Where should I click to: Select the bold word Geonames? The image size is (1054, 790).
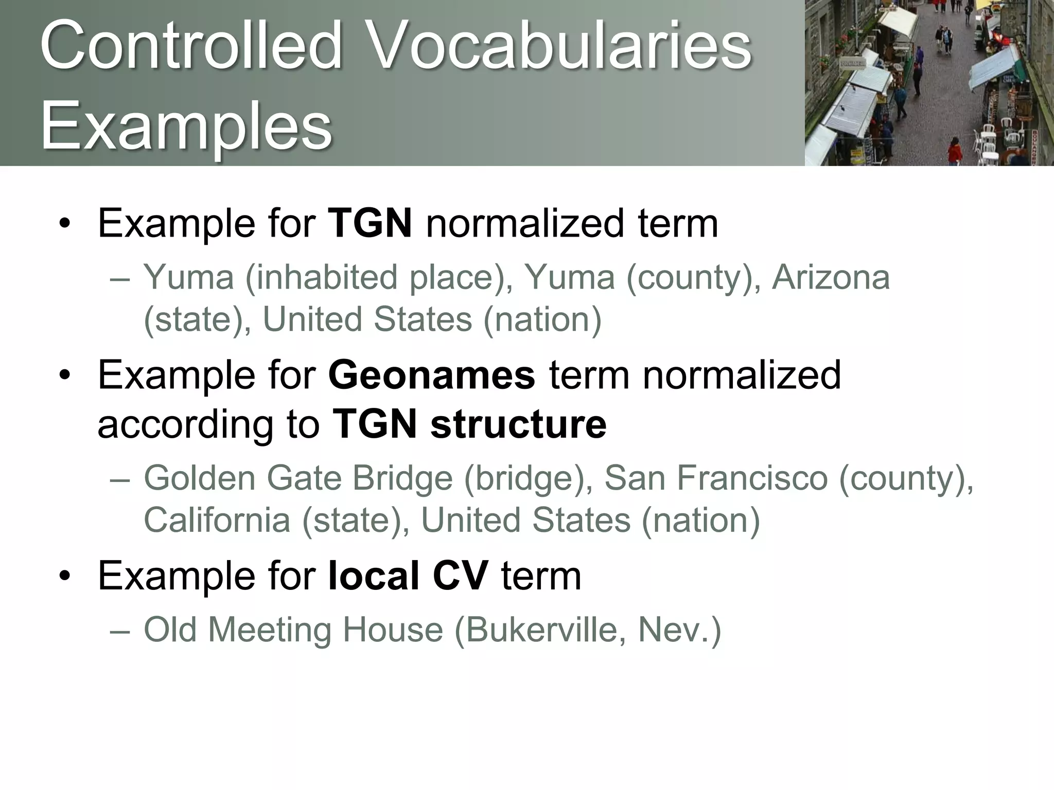(x=431, y=375)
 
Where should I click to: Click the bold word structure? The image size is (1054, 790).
(x=518, y=424)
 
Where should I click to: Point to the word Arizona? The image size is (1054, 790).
(x=831, y=278)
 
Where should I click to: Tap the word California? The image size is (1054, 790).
(x=217, y=520)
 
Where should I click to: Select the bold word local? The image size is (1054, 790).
(x=374, y=576)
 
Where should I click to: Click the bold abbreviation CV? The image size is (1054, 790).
(x=460, y=576)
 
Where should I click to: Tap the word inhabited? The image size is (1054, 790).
(x=322, y=278)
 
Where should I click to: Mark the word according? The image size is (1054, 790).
(x=186, y=425)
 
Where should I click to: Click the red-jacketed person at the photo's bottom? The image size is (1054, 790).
(x=955, y=152)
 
